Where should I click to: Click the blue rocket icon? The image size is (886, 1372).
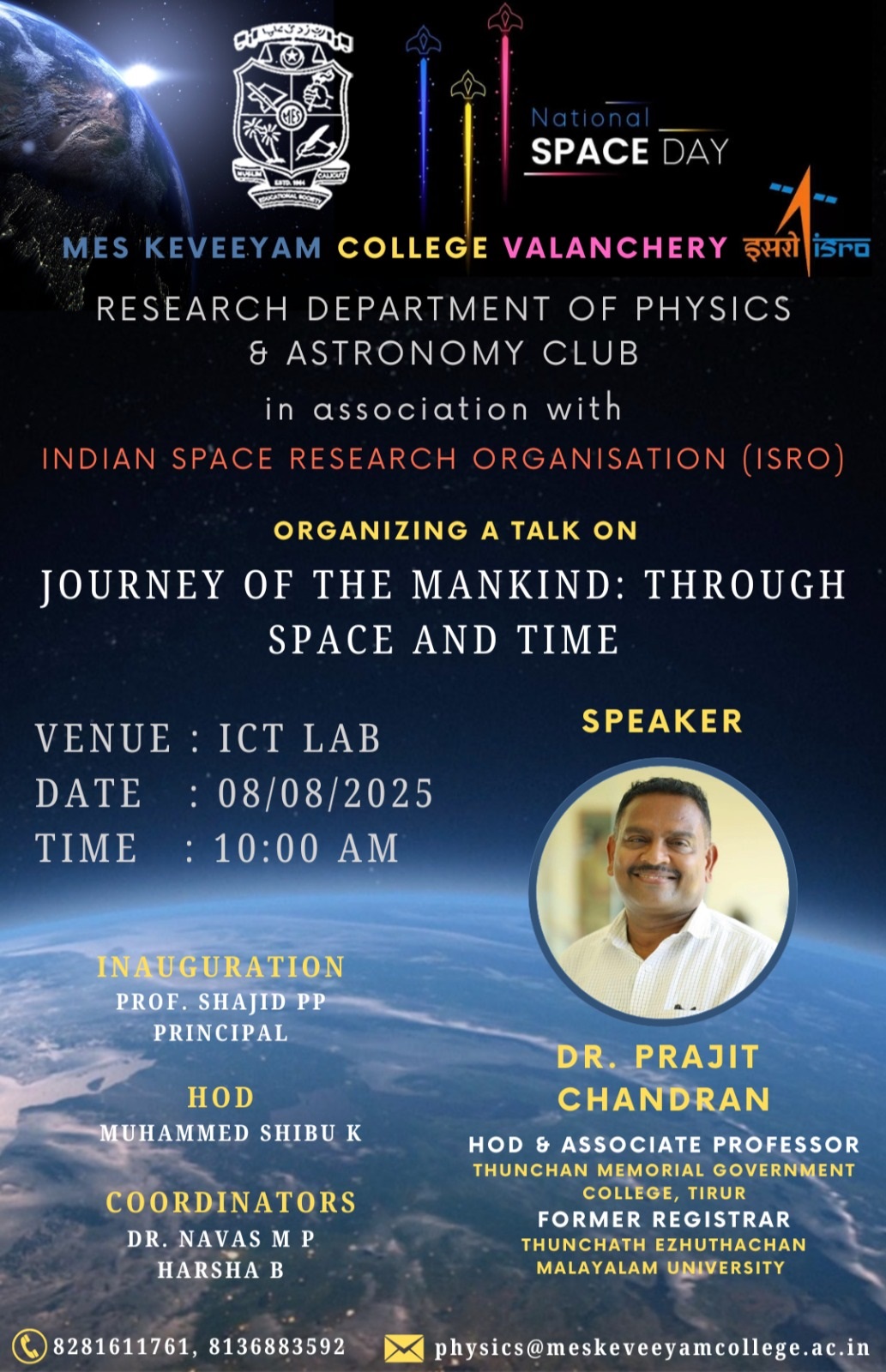(x=423, y=42)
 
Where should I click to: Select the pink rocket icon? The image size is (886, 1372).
(x=505, y=17)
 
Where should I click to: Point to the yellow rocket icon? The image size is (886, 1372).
(x=468, y=85)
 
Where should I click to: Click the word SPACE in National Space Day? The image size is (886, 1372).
(x=589, y=151)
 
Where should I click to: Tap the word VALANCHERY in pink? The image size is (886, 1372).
(x=615, y=248)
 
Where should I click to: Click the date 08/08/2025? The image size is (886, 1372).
(x=326, y=794)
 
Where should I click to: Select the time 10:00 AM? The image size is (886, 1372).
(x=306, y=849)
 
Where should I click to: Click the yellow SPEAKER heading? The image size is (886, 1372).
(x=662, y=721)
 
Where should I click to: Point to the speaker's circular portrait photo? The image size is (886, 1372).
(x=662, y=892)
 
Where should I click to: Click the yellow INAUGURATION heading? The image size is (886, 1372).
(x=220, y=966)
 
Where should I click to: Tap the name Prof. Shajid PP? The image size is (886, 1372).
(x=220, y=1002)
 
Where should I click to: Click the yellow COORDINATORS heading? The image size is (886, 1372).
(x=231, y=1202)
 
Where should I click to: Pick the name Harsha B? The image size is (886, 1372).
(x=220, y=1270)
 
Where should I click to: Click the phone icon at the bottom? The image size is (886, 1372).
(x=28, y=1345)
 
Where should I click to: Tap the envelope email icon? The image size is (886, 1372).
(x=404, y=1347)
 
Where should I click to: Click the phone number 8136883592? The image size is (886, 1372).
(x=277, y=1345)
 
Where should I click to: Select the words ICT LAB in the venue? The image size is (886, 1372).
(x=300, y=738)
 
